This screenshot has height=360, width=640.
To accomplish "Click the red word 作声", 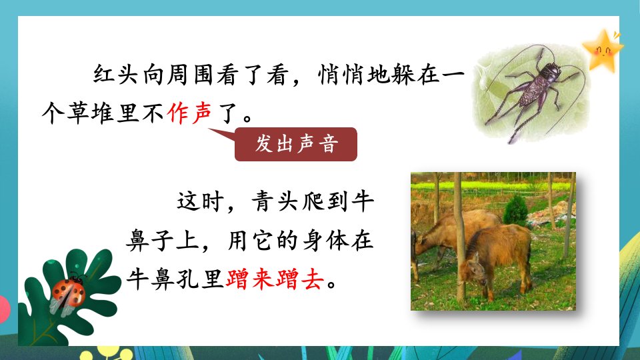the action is click(189, 113).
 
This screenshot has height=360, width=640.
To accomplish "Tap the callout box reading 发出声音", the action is click(296, 144).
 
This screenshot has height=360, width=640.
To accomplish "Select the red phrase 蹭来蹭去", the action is click(275, 279).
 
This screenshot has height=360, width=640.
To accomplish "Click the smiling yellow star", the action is click(603, 51).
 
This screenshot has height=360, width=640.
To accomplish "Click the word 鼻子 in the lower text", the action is click(150, 241).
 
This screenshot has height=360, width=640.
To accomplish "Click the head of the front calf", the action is click(473, 269).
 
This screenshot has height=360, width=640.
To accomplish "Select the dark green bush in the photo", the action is click(515, 210).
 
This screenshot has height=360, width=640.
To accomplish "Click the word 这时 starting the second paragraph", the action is click(200, 201).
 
